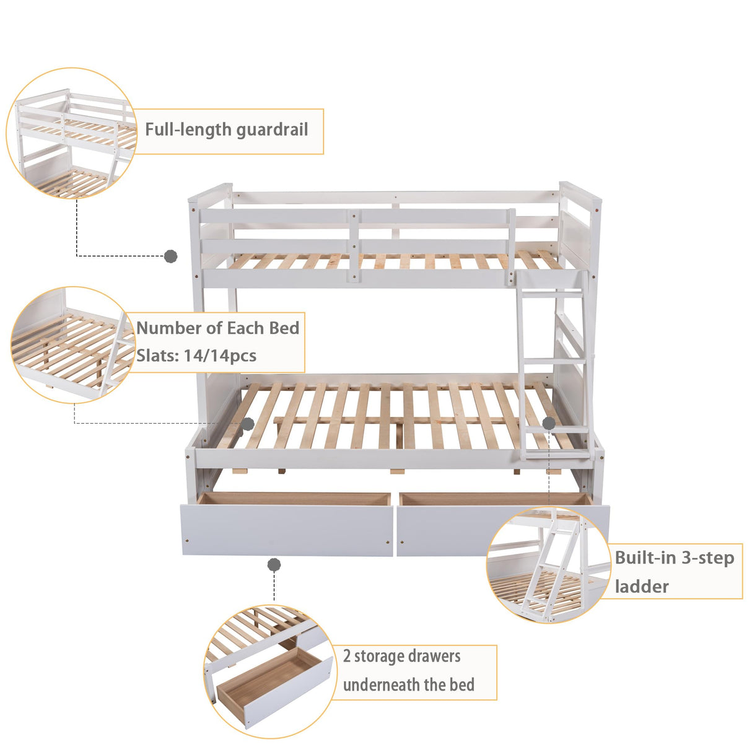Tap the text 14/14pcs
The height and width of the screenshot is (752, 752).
221,356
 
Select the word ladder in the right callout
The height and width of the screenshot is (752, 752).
642,586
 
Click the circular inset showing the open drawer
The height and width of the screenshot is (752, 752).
269,671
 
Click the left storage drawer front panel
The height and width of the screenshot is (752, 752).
287,530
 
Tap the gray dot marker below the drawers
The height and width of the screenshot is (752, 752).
274,565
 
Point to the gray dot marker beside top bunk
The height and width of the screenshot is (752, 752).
171,256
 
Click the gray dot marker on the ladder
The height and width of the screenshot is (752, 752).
549,423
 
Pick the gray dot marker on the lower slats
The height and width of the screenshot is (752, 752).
248,424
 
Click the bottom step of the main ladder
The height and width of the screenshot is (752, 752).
554,429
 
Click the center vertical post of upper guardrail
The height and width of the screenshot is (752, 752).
353,247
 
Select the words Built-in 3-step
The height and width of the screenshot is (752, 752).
674,557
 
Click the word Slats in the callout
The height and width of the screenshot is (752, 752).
153,356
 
